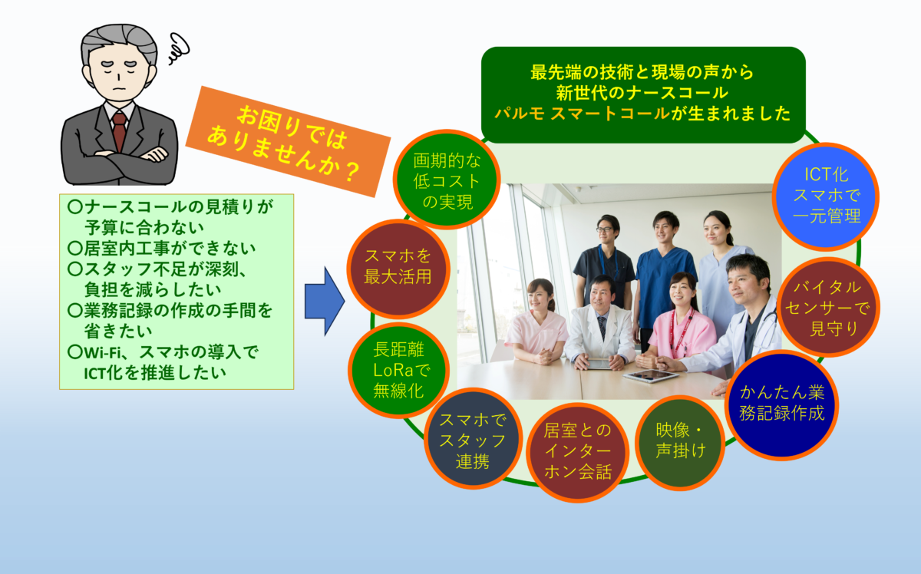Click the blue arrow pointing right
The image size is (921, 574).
[325, 302]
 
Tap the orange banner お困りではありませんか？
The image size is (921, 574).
[288, 141]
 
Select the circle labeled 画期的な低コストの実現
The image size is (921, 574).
[447, 180]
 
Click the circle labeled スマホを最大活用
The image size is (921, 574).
[398, 269]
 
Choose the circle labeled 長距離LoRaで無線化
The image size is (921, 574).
[399, 370]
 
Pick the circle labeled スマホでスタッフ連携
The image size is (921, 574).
[473, 439]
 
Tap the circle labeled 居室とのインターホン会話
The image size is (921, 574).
[578, 452]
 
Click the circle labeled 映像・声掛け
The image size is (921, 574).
[680, 443]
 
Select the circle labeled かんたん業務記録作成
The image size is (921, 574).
[781, 405]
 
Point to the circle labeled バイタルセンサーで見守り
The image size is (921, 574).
[827, 307]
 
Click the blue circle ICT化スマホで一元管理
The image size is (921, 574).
[826, 196]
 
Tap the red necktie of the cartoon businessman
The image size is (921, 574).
[119, 130]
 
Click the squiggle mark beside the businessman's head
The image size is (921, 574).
[179, 48]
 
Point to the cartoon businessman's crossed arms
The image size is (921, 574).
[119, 163]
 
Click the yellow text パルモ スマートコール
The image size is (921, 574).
[582, 113]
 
